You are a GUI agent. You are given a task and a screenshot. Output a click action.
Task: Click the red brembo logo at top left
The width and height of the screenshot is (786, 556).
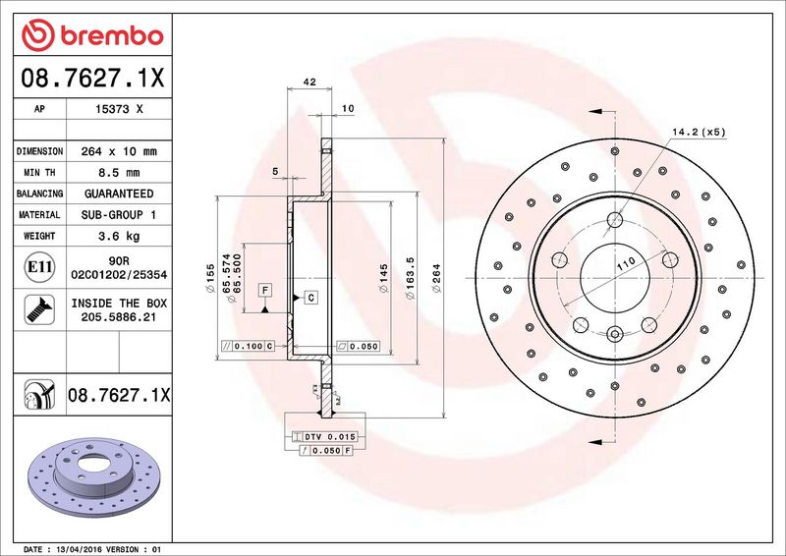click(92, 35)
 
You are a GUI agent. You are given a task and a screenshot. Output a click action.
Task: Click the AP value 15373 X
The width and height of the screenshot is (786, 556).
click(119, 109)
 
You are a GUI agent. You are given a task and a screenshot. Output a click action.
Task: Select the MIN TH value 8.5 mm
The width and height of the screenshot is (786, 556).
click(119, 173)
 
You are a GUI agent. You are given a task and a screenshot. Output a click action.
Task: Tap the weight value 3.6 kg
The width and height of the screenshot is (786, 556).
click(119, 236)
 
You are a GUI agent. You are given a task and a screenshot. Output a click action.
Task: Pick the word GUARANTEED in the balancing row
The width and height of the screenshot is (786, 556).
click(119, 194)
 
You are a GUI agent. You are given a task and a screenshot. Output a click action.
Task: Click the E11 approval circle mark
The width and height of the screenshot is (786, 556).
click(39, 267)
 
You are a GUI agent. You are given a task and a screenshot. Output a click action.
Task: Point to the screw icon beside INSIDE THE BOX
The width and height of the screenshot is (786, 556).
click(39, 309)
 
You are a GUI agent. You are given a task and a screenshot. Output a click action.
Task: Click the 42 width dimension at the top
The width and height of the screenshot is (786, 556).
click(309, 82)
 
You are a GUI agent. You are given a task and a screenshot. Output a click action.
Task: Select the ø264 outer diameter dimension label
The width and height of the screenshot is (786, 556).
click(436, 278)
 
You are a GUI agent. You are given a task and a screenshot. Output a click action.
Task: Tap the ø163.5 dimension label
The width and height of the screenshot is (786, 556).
click(411, 278)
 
